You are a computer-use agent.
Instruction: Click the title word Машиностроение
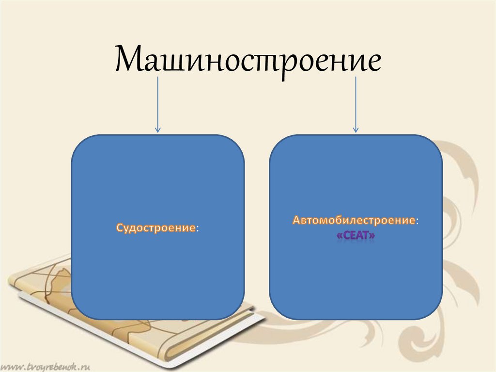[248, 59]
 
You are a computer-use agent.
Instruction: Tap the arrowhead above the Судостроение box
[157, 129]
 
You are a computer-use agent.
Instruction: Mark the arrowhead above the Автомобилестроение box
[356, 129]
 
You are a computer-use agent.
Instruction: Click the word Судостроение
[155, 227]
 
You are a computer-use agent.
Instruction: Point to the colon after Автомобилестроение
[418, 221]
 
